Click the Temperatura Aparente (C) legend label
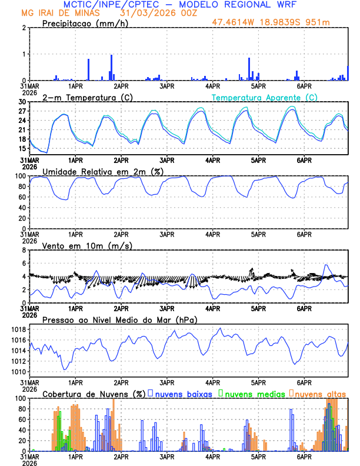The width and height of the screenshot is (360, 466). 264,98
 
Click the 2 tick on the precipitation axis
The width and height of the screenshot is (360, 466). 25,28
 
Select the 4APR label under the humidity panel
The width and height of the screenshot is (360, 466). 212,234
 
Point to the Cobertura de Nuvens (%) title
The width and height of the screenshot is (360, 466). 93,394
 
